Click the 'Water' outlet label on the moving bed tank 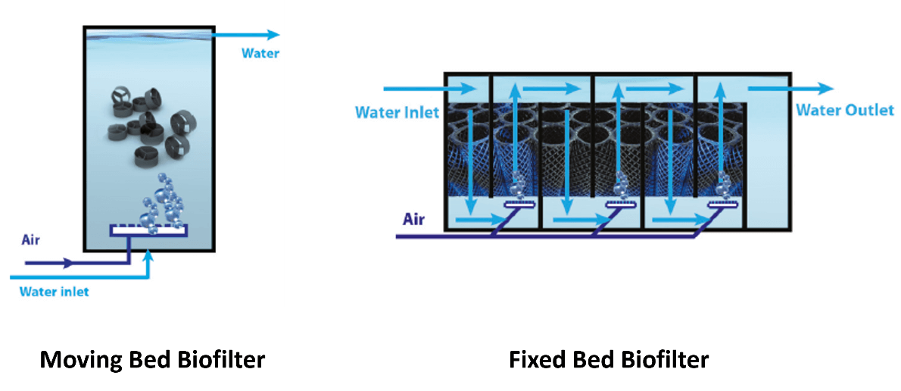point(260,53)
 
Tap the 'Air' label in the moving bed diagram point(31,241)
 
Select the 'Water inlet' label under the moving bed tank point(54,291)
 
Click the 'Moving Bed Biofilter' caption point(152,358)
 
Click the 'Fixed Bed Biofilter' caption point(609,358)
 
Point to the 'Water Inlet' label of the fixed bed point(397,112)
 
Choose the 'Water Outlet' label point(844,110)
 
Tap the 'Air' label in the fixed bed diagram point(413,220)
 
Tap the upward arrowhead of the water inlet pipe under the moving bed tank point(149,255)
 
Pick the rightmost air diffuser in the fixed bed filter point(724,203)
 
